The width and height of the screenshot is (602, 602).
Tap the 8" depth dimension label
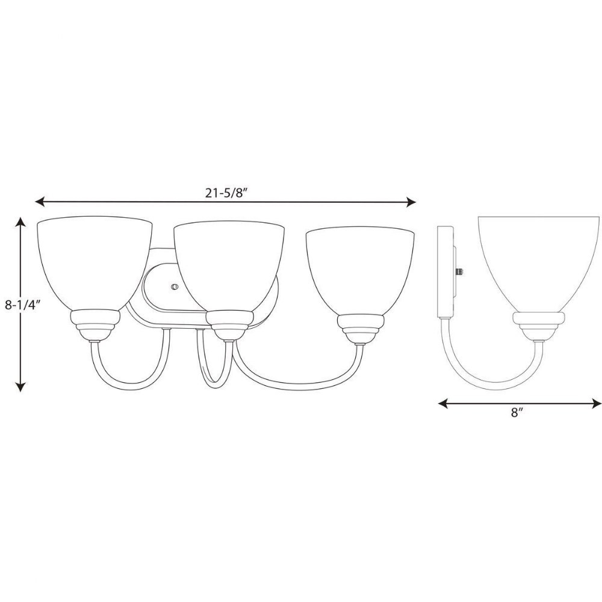click(517, 413)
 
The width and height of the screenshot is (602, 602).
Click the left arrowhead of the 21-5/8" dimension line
click(40, 202)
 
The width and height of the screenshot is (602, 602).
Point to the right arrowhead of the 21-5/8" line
click(411, 202)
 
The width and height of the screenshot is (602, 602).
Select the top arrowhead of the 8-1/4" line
click(21, 221)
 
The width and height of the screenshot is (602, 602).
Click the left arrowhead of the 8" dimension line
click(443, 403)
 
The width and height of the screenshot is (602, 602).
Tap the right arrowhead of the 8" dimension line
click(597, 403)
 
